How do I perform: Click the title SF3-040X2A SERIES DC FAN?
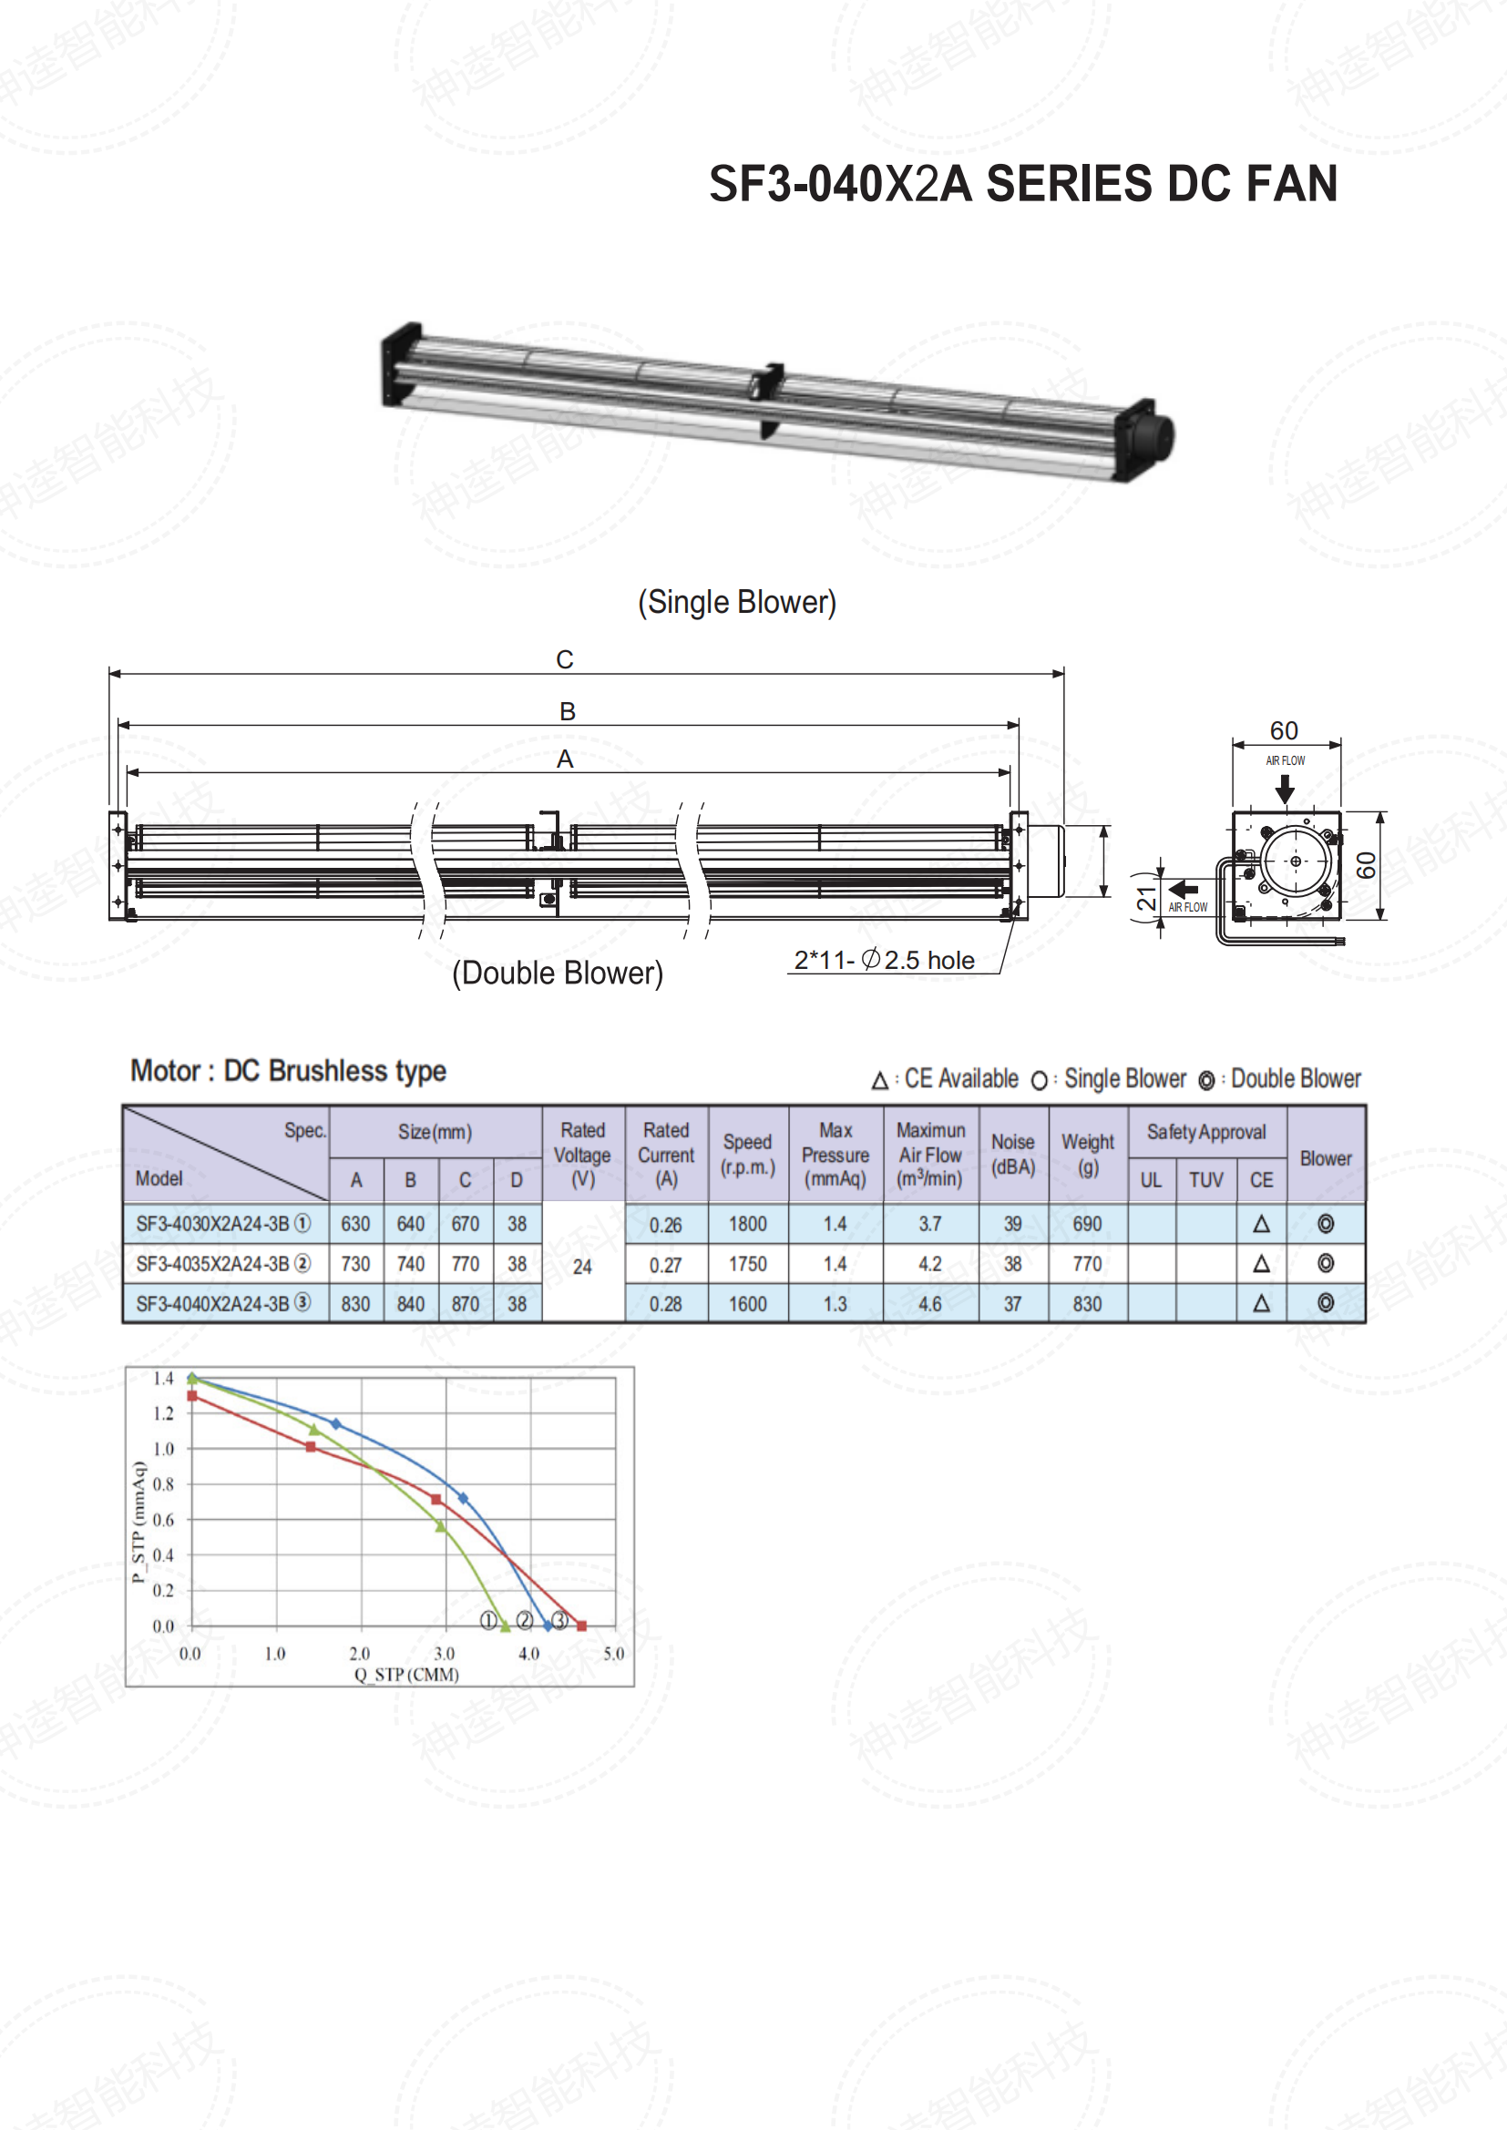pyautogui.click(x=1022, y=184)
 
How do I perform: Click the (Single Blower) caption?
pyautogui.click(x=737, y=602)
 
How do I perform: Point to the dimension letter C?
pyautogui.click(x=564, y=659)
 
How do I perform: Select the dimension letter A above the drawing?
pyautogui.click(x=564, y=759)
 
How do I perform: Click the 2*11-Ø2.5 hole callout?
pyautogui.click(x=885, y=960)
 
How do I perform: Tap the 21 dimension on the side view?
pyautogui.click(x=1147, y=898)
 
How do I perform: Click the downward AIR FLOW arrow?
pyautogui.click(x=1285, y=789)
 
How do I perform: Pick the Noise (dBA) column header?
pyautogui.click(x=1012, y=1154)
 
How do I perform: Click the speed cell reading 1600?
pyautogui.click(x=747, y=1304)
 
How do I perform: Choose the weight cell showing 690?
pyautogui.click(x=1087, y=1225)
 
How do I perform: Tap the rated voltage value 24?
pyautogui.click(x=582, y=1268)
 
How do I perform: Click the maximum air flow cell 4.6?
pyautogui.click(x=930, y=1304)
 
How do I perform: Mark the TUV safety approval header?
pyautogui.click(x=1205, y=1180)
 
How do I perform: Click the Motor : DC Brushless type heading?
pyautogui.click(x=289, y=1072)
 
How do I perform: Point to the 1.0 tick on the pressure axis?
pyautogui.click(x=163, y=1449)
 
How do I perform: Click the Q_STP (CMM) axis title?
pyautogui.click(x=406, y=1675)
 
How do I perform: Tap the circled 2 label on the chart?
pyautogui.click(x=524, y=1620)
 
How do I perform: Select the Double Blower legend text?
pyautogui.click(x=1296, y=1079)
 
